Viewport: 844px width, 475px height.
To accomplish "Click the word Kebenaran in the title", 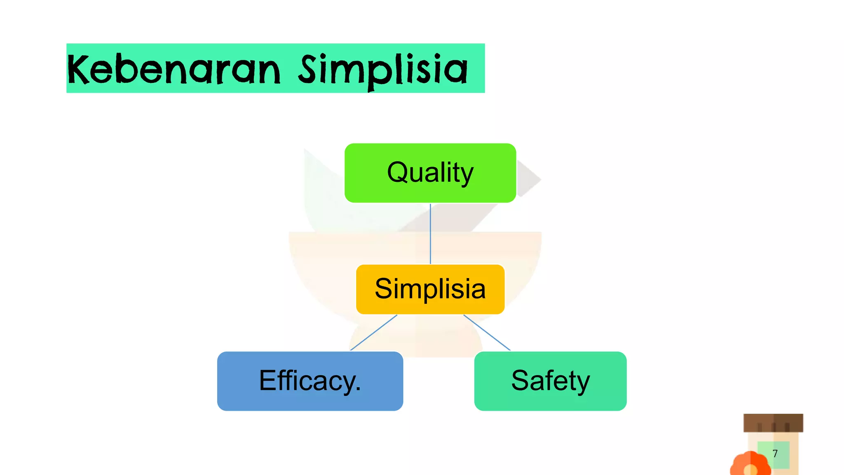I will tap(173, 69).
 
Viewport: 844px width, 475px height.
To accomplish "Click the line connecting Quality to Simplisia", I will tap(430, 233).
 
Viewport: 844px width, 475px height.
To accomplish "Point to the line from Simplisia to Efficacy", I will tap(373, 333).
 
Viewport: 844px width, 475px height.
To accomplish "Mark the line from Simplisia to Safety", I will tap(487, 333).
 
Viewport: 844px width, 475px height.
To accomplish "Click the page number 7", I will tap(775, 454).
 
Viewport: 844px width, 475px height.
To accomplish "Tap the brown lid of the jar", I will tap(773, 423).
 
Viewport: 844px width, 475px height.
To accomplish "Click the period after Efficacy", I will tap(358, 389).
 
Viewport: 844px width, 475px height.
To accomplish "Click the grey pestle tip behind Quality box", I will tap(529, 179).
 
